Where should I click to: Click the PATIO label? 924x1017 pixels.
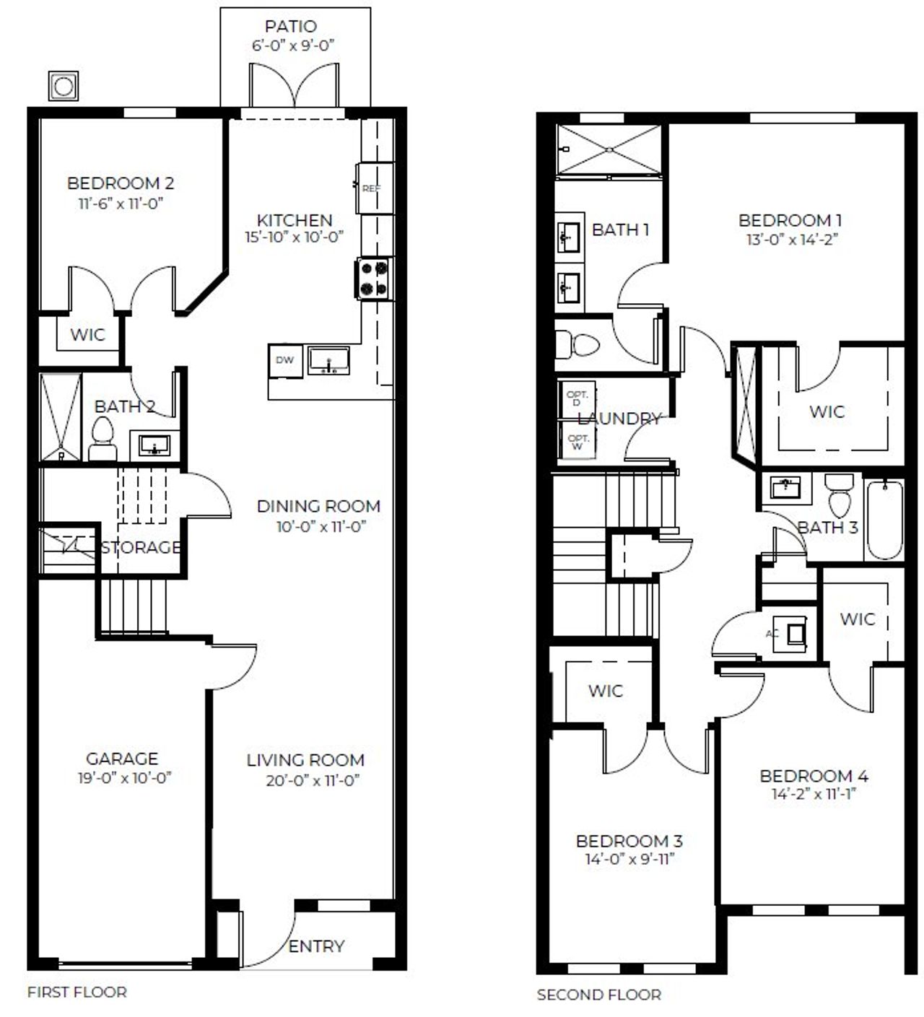[x=290, y=27]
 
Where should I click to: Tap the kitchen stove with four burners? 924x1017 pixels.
[x=372, y=279]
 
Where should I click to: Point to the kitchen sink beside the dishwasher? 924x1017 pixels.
[x=328, y=360]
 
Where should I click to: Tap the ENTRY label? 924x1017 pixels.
[x=316, y=946]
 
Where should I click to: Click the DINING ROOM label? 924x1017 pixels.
[x=318, y=506]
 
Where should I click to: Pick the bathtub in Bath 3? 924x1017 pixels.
[x=884, y=520]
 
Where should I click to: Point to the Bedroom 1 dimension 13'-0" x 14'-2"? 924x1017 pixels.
[x=790, y=240]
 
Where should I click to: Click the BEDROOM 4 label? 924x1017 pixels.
[x=814, y=776]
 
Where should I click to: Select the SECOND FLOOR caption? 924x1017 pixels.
[x=598, y=995]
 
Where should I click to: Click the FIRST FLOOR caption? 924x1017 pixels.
[x=77, y=992]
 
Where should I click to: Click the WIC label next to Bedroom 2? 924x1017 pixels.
[x=87, y=335]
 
